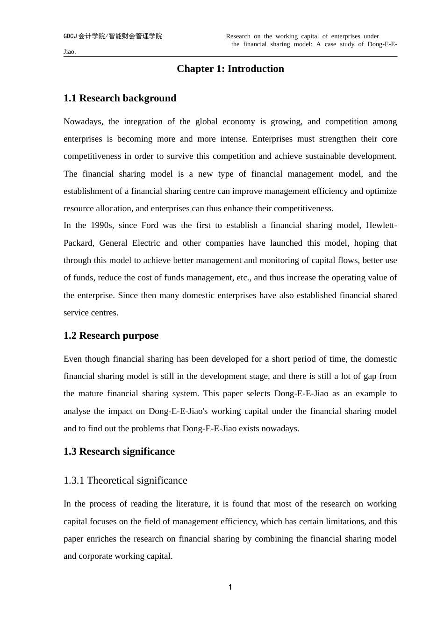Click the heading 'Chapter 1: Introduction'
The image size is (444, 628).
tap(230, 69)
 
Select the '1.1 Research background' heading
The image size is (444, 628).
tap(120, 98)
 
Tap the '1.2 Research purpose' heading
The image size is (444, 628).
tap(111, 335)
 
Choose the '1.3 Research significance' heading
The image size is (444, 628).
tap(119, 451)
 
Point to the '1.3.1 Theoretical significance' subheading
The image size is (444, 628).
tap(125, 480)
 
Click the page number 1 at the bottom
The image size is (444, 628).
tap(230, 587)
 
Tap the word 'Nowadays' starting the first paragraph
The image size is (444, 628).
tap(83, 121)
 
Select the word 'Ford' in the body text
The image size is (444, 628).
tap(150, 225)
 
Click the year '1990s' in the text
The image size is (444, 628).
tap(101, 225)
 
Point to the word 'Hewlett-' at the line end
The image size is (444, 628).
tap(381, 225)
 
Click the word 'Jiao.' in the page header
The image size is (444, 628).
tap(70, 51)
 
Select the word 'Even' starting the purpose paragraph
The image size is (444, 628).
tap(72, 359)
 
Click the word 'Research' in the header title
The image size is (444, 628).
tap(238, 36)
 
